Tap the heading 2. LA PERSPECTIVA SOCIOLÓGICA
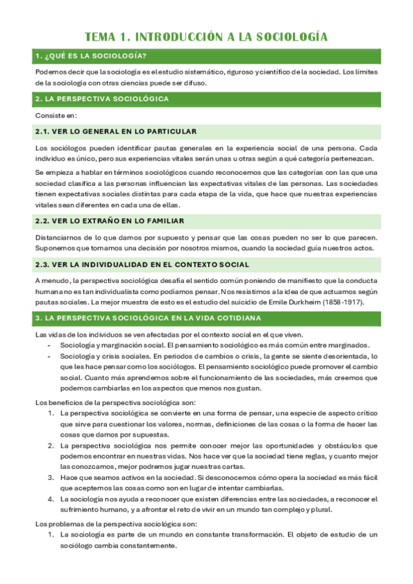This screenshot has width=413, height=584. [102, 99]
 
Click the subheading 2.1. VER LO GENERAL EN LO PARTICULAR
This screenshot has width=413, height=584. [116, 132]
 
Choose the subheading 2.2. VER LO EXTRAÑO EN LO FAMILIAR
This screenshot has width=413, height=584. [109, 221]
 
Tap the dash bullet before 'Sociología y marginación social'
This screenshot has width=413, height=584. [49, 345]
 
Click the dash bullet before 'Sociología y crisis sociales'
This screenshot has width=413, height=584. [49, 356]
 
